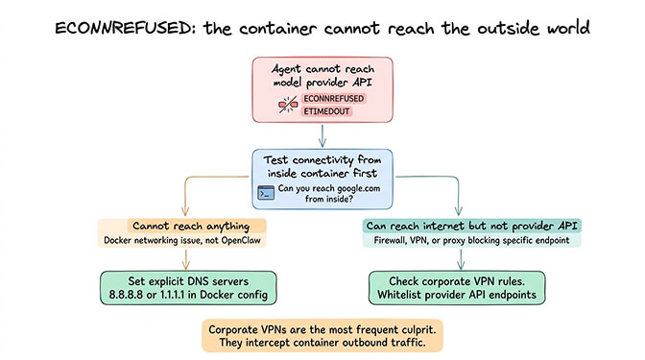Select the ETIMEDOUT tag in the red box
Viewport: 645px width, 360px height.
(x=324, y=113)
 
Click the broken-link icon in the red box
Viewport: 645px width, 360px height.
(x=283, y=106)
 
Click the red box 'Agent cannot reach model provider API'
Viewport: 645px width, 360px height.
(x=322, y=76)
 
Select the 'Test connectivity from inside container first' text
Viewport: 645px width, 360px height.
(x=322, y=165)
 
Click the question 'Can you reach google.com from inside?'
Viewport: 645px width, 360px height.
(x=331, y=193)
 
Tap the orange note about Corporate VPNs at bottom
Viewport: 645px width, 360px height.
(x=322, y=335)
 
